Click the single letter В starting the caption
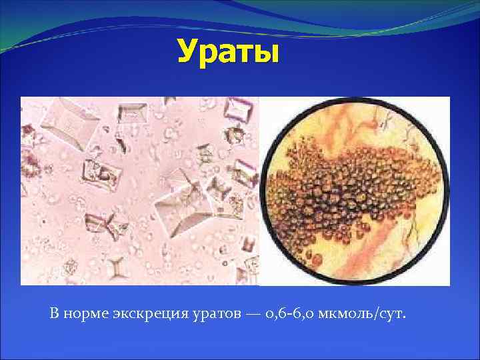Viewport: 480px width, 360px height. click(54, 313)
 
